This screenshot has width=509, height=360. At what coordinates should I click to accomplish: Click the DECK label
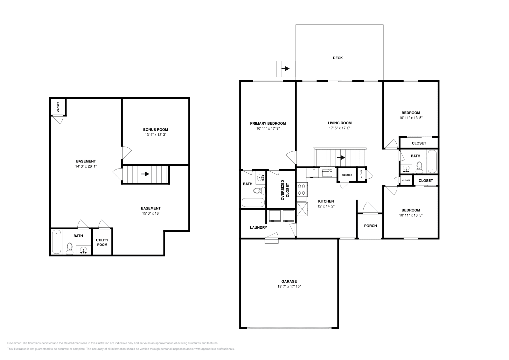point(338,58)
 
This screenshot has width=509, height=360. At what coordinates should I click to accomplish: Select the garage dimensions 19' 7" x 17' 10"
point(289,287)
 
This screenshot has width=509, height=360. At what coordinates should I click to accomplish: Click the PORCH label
point(370,226)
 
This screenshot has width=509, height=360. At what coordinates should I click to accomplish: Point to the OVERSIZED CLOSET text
point(285,190)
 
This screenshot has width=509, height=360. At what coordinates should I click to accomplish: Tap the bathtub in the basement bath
point(56,242)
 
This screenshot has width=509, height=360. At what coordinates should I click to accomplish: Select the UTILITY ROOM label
point(102,242)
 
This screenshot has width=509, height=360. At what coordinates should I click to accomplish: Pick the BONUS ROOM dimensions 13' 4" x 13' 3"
point(155,135)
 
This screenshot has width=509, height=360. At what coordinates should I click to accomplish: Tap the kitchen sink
point(327,173)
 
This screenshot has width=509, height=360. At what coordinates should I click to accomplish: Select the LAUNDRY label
point(258,228)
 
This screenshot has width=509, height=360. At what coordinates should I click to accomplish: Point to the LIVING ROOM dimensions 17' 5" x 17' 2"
point(339,128)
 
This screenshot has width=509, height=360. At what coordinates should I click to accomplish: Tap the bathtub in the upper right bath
point(432,161)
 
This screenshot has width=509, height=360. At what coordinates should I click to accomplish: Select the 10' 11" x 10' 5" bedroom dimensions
point(410,215)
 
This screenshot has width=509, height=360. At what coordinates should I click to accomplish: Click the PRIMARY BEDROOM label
point(268,123)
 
